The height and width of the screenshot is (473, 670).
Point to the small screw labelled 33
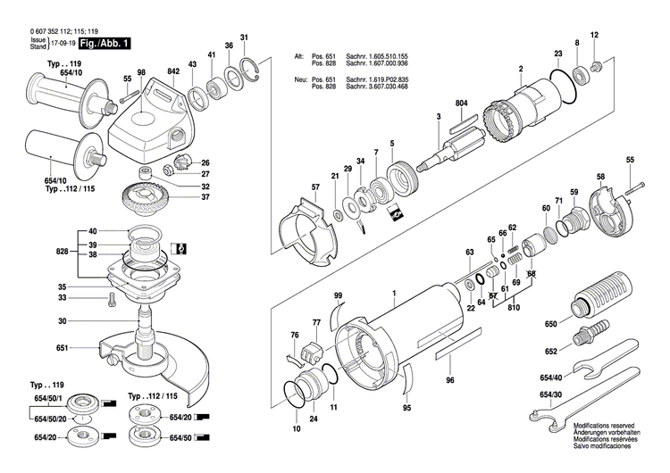[x=113, y=301]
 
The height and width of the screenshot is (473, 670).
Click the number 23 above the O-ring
[x=557, y=54]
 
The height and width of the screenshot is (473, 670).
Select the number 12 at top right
[x=594, y=36]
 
